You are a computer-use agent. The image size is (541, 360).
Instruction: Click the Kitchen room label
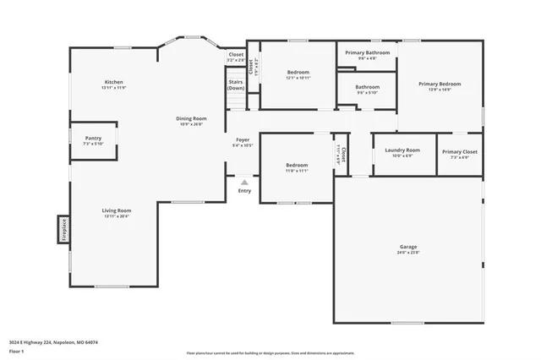point(113,85)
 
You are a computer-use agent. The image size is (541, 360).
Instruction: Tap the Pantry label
point(93,140)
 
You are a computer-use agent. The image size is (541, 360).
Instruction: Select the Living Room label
point(117,212)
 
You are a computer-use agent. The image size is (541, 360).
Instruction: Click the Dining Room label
point(191,121)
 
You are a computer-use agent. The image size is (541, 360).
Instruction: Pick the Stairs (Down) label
point(236,85)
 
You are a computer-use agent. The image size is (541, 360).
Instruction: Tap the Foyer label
point(243,142)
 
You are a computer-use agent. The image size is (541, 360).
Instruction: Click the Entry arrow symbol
point(244,182)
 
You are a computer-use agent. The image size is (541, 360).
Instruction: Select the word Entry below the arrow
point(244,191)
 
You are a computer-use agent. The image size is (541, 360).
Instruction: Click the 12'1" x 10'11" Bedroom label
point(298,74)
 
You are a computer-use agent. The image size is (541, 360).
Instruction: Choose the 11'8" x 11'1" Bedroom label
point(296,167)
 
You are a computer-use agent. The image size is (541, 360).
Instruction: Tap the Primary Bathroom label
point(367,55)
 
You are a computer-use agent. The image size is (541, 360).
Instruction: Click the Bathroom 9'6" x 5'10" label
point(367,89)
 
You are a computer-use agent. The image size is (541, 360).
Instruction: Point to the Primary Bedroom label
point(440,86)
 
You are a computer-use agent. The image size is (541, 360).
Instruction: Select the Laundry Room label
point(402,152)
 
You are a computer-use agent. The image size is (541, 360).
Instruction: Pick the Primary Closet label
point(459,153)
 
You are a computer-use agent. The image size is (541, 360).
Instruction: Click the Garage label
point(408,249)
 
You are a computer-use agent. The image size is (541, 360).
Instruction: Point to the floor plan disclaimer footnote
point(270,352)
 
